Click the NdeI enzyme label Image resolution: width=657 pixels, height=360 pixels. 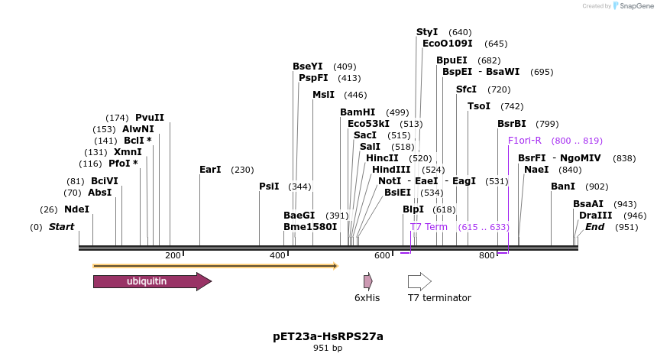(x=76, y=209)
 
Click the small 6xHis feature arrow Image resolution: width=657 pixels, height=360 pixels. (x=367, y=281)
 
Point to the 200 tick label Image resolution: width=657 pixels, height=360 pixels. (x=173, y=255)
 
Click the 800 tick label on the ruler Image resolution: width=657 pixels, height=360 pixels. (x=487, y=255)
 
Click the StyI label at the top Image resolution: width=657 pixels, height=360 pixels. (x=427, y=32)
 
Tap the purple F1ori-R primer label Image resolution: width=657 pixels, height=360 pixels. (x=525, y=141)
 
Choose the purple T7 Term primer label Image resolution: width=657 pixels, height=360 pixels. (x=429, y=227)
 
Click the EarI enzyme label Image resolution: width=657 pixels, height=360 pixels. (x=210, y=170)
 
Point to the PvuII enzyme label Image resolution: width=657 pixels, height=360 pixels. (x=150, y=118)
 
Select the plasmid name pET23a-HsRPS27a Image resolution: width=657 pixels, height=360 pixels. (x=328, y=336)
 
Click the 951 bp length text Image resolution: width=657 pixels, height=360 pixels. (x=328, y=349)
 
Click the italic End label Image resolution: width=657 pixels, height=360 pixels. (x=594, y=227)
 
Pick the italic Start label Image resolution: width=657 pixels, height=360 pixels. (x=62, y=227)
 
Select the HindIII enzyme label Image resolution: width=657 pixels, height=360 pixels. (x=391, y=170)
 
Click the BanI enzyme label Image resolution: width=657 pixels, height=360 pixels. (x=562, y=186)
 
